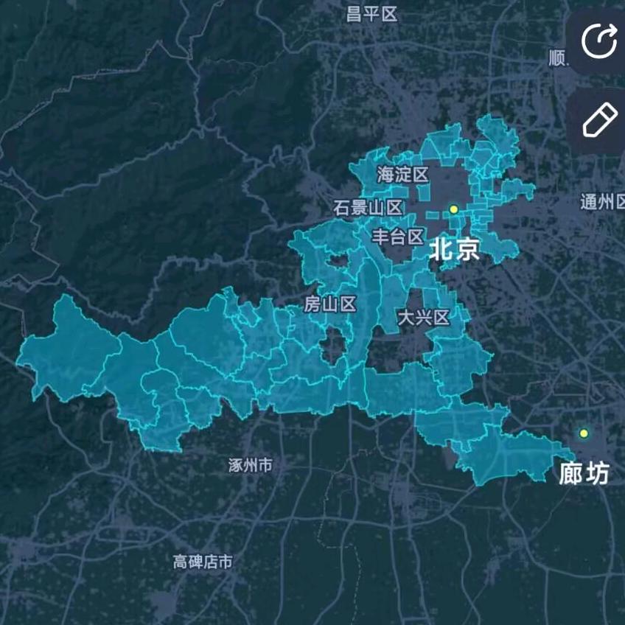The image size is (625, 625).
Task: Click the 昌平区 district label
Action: tap(372, 14)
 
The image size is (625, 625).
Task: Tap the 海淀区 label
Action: tap(402, 175)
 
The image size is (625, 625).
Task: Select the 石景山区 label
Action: tap(368, 208)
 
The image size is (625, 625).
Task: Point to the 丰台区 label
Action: tap(397, 237)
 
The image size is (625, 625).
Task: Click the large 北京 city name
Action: tap(455, 248)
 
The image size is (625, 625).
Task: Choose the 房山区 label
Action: tap(330, 304)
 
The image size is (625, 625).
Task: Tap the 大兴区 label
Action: tap(423, 318)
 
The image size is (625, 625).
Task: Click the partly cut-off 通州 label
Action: tap(601, 202)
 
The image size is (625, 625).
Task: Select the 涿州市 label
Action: tap(251, 465)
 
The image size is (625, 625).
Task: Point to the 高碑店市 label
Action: tap(203, 562)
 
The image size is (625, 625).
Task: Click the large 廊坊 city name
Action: tap(584, 473)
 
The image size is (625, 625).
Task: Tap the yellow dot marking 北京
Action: tap(454, 209)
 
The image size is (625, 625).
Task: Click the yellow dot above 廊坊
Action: tap(584, 433)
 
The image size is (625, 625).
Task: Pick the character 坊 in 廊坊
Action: tap(598, 473)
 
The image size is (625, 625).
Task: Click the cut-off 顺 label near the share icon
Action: tap(558, 58)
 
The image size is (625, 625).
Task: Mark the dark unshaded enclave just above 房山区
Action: tap(338, 261)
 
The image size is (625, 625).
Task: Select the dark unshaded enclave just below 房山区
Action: tap(334, 346)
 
